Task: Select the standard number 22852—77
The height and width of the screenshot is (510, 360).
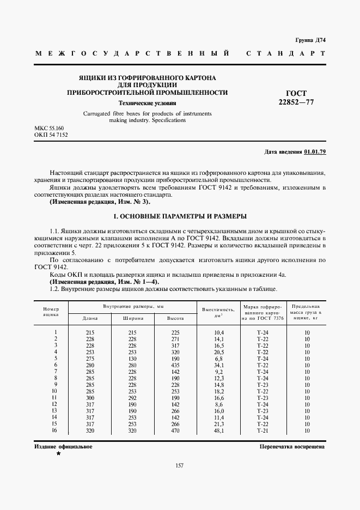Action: [x=296, y=102]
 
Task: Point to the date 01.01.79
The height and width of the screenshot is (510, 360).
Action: [x=315, y=151]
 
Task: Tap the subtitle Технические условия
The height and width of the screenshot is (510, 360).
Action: [x=147, y=102]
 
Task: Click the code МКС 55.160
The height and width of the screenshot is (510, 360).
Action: [x=49, y=127]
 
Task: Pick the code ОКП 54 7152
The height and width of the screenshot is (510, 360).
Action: [x=51, y=134]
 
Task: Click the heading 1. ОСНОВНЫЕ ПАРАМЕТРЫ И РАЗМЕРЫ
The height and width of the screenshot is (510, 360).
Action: [x=179, y=216]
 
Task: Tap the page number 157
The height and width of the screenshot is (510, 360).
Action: [x=179, y=465]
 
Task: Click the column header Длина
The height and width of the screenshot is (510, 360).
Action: [x=90, y=318]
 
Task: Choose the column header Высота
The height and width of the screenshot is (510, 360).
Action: [x=174, y=318]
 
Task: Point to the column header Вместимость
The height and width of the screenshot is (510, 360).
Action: [x=218, y=309]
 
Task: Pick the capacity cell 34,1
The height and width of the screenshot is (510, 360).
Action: [x=219, y=365]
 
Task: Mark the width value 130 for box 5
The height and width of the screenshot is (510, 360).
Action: [x=132, y=359]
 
